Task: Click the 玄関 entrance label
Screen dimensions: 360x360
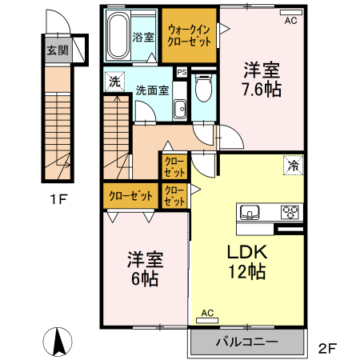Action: [57, 51]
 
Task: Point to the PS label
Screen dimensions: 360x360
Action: [182, 72]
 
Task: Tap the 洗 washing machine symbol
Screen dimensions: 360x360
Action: [114, 81]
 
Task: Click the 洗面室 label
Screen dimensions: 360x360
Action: [151, 90]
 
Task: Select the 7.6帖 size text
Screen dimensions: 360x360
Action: [261, 89]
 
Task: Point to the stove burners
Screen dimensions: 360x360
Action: [290, 212]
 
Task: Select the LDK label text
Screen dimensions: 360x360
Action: [246, 250]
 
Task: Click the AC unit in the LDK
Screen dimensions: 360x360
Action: [207, 319]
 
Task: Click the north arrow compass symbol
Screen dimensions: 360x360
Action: [58, 342]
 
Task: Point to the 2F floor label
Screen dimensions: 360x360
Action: [328, 348]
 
